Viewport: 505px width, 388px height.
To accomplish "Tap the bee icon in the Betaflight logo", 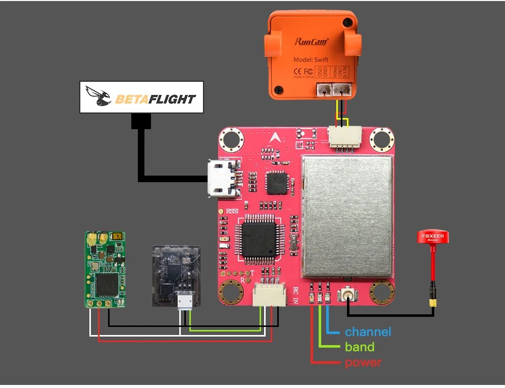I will coord(99,96).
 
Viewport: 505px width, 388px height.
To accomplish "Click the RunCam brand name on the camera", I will coord(311,42).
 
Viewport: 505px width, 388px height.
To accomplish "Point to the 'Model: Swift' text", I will coord(311,60).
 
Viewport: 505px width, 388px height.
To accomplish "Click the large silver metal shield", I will coord(347,217).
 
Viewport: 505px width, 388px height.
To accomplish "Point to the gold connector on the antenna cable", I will coord(433,302).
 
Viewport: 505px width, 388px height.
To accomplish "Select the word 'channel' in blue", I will coord(368,332).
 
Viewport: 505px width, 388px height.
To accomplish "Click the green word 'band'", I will coord(360,347).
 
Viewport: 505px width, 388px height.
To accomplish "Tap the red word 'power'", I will coord(363,362).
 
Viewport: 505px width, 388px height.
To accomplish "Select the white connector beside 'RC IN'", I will coord(268,294).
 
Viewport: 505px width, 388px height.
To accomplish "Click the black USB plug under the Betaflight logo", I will coord(141,121).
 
